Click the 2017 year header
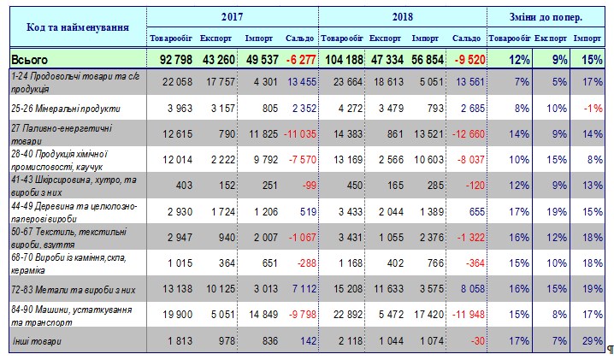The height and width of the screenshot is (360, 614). pos(232,17)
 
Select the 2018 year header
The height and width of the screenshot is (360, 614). pos(403,17)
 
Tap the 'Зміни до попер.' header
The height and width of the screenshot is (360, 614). pos(547,17)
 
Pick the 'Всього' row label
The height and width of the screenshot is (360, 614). pos(30,61)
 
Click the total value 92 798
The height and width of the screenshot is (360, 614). pos(170,61)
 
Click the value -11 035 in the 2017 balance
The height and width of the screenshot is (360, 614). pos(298,134)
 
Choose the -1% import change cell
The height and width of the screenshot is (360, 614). pos(589,109)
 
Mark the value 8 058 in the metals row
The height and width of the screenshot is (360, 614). pos(468,291)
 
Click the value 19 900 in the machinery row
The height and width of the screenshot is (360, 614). pos(174,316)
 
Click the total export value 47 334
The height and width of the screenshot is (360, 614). pos(389,61)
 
